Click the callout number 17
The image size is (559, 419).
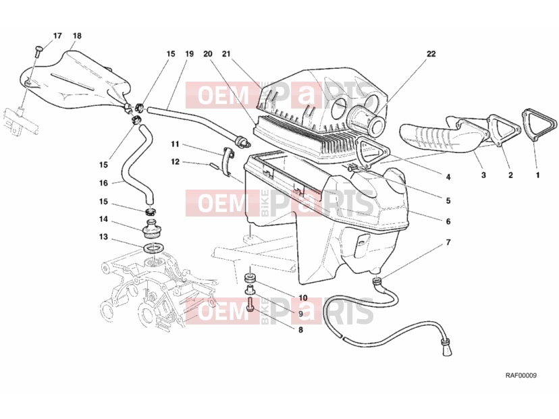[x=57, y=36]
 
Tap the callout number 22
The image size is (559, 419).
[x=431, y=54]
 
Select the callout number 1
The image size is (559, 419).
[x=537, y=175]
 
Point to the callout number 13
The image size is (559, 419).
[x=103, y=237]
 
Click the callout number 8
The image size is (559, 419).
[x=300, y=330]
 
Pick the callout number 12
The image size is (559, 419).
[x=175, y=162]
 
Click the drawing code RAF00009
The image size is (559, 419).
[x=521, y=375]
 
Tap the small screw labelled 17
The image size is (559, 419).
[x=38, y=52]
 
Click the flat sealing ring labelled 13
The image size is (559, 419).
[x=154, y=248]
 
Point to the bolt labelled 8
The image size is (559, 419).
[x=250, y=304]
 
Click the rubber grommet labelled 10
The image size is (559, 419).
[x=250, y=277]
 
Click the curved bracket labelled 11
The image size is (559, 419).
[x=227, y=161]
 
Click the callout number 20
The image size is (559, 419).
[x=207, y=54]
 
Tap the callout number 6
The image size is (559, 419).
[x=448, y=221]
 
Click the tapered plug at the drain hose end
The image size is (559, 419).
[x=448, y=347]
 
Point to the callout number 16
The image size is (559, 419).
[x=103, y=183]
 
